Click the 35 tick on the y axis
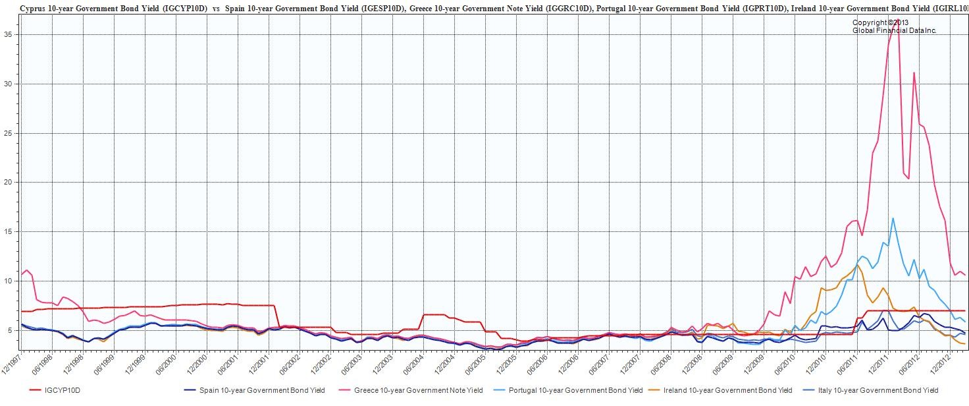point(11,34)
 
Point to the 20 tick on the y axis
point(11,182)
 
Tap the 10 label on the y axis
point(11,281)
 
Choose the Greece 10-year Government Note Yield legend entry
point(418,390)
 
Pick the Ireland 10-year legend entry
point(727,390)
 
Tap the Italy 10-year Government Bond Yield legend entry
point(878,390)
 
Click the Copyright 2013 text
point(880,23)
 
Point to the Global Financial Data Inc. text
point(893,31)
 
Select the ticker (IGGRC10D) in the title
point(565,9)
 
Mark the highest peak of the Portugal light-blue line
point(893,218)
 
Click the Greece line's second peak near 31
point(914,72)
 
